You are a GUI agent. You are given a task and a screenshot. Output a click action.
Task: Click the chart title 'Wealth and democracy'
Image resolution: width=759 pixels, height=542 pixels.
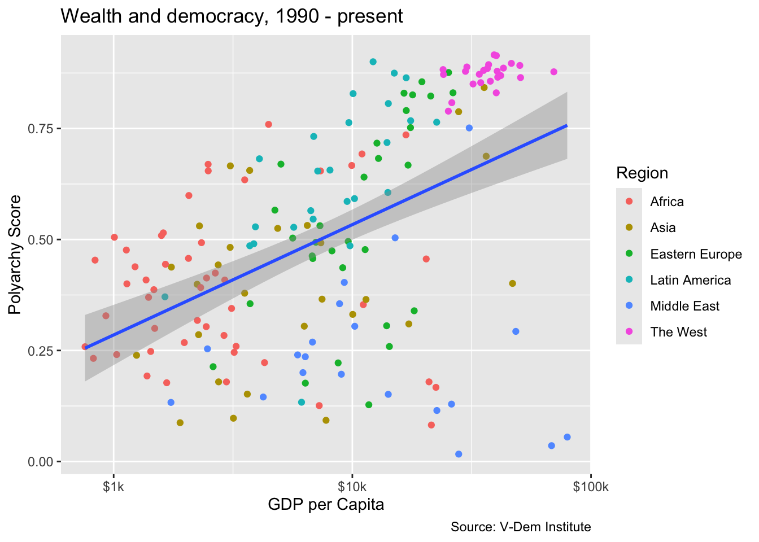(x=232, y=16)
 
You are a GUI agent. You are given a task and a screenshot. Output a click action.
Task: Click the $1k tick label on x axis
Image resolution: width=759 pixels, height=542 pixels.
(x=114, y=487)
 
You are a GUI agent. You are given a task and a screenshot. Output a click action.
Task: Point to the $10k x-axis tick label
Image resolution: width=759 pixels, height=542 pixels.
(x=352, y=487)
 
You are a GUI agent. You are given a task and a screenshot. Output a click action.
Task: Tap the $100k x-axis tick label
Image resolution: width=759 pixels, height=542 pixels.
(x=590, y=487)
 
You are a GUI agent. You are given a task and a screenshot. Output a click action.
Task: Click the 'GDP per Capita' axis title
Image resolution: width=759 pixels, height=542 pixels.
(x=326, y=504)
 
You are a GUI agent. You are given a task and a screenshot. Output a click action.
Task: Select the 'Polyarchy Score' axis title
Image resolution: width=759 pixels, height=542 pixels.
(x=15, y=255)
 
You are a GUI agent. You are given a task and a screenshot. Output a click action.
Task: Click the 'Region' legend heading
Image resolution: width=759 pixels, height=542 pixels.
(x=642, y=173)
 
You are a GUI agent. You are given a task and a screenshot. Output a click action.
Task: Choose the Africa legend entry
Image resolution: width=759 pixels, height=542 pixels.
(x=666, y=202)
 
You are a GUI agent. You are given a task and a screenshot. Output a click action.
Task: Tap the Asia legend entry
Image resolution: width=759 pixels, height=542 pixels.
(x=662, y=228)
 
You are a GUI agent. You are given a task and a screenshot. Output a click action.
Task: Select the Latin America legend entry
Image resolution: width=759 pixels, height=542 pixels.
(x=690, y=280)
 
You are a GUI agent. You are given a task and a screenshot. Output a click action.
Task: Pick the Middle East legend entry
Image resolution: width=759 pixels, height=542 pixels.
(x=684, y=306)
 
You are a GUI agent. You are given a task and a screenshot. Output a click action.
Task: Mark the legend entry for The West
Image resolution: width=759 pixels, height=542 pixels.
(x=678, y=332)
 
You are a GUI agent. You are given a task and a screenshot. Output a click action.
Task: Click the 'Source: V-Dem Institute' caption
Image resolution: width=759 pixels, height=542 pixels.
(x=520, y=527)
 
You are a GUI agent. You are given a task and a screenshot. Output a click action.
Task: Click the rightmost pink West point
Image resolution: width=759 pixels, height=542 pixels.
(x=553, y=72)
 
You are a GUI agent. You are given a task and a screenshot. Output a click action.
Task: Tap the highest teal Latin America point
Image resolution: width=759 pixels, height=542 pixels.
(x=373, y=62)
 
